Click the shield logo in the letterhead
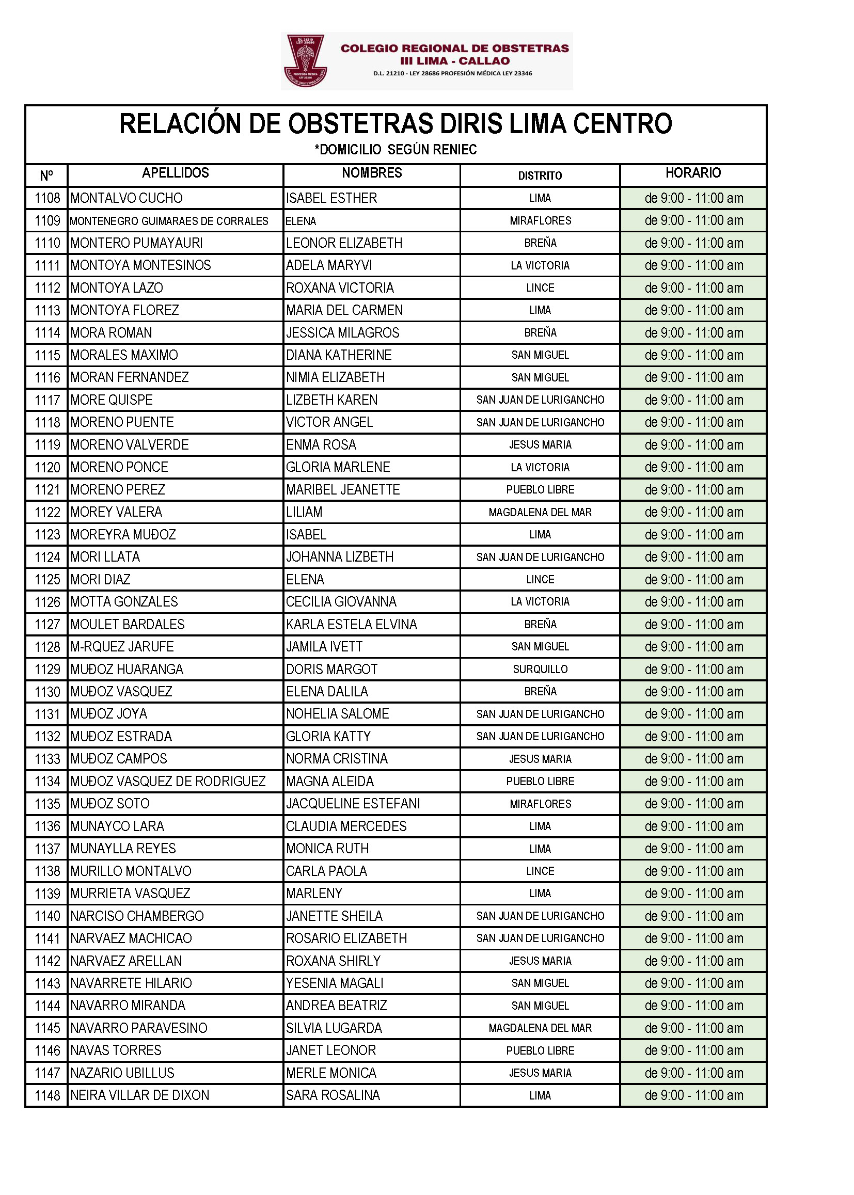(x=305, y=60)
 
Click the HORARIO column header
(x=692, y=173)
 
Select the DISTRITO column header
(x=540, y=176)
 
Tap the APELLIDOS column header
(x=175, y=173)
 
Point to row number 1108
(x=48, y=198)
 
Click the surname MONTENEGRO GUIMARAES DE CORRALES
(x=169, y=221)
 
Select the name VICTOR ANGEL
(x=329, y=422)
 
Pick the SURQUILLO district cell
(x=540, y=670)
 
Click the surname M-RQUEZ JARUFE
(x=122, y=647)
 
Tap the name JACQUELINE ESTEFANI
(x=353, y=804)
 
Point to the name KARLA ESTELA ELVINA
(x=351, y=625)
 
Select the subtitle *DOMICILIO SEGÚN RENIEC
(x=396, y=150)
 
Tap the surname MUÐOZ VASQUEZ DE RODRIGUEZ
(x=168, y=781)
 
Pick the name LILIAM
(x=304, y=512)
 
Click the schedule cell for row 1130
(x=693, y=692)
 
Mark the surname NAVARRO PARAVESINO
(x=139, y=1028)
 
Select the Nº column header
(x=46, y=176)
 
